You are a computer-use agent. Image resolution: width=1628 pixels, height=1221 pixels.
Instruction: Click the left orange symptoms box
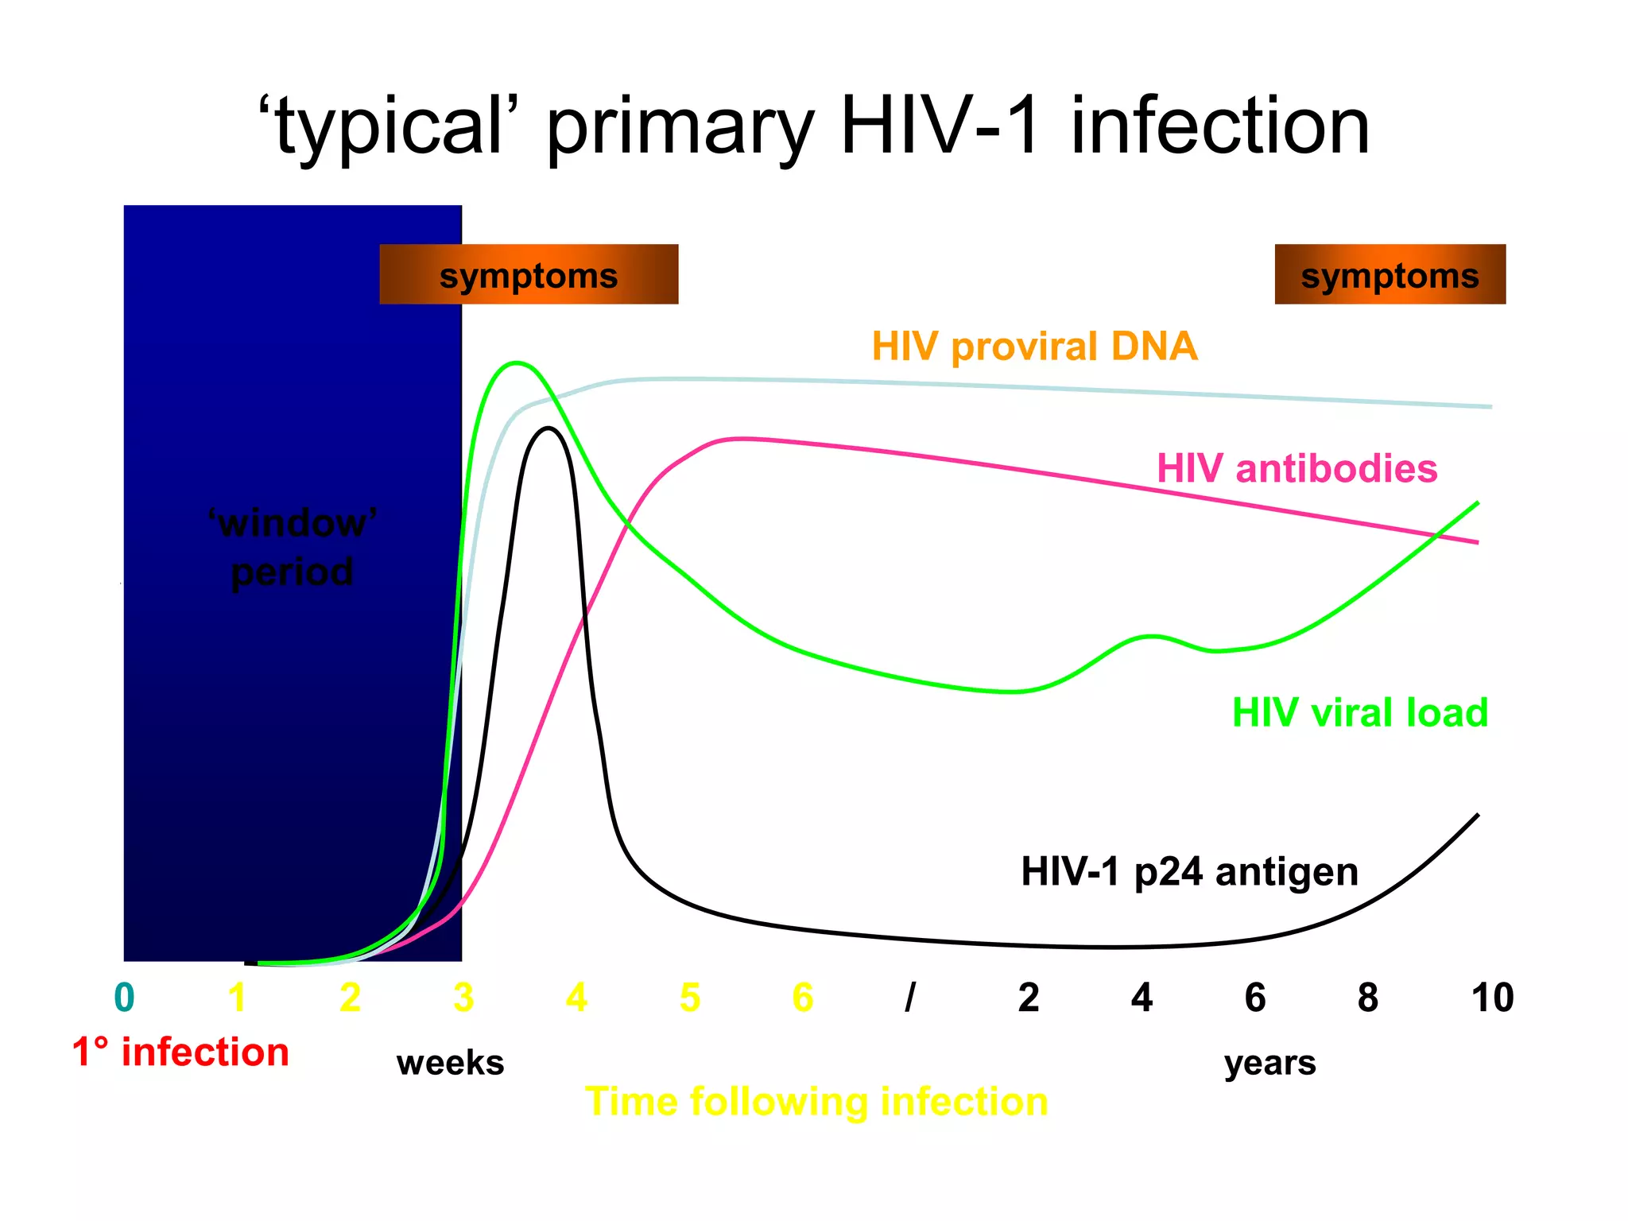click(529, 274)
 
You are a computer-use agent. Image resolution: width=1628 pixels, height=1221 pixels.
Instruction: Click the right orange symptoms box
click(1390, 274)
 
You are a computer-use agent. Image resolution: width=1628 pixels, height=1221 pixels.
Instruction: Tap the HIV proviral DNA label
click(1034, 347)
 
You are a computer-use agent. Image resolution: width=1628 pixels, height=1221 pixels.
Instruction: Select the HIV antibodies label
click(1297, 468)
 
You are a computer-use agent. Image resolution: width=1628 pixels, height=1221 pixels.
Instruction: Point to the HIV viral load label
click(1359, 712)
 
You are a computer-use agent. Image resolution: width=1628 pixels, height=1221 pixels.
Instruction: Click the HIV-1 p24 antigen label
click(1189, 871)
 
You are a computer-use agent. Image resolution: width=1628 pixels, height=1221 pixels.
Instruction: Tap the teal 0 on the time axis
click(125, 998)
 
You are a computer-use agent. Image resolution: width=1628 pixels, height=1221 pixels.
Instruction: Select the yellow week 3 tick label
click(463, 998)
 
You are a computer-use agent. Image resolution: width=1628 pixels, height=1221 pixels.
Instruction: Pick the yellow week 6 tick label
click(803, 998)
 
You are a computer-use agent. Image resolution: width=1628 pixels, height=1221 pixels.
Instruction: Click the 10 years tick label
click(1492, 998)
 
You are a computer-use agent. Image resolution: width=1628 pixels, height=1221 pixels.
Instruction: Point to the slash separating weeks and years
click(911, 998)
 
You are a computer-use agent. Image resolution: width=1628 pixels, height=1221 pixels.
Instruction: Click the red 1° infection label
click(180, 1052)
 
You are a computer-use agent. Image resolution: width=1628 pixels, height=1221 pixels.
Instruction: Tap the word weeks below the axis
click(450, 1063)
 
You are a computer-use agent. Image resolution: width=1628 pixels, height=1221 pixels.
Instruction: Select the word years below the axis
click(1269, 1063)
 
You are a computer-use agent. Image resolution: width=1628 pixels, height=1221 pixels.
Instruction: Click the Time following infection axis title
click(816, 1102)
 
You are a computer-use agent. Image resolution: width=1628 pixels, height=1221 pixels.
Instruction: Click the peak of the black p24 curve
click(548, 428)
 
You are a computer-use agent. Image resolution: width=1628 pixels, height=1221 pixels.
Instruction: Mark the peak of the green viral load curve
click(517, 363)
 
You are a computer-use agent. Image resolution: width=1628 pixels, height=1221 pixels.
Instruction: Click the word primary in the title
click(680, 127)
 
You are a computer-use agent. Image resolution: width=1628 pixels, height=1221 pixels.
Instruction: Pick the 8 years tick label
click(1367, 998)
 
